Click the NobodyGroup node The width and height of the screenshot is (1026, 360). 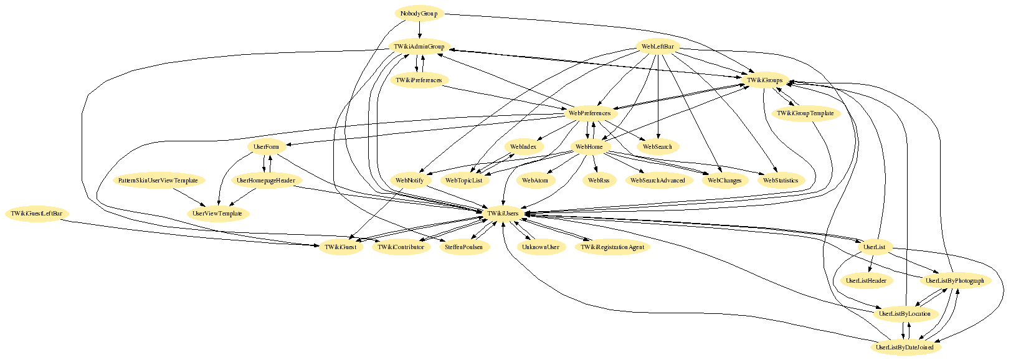pyautogui.click(x=419, y=14)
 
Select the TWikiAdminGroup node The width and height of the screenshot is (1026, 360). pyautogui.click(x=419, y=47)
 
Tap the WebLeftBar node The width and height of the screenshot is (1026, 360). pyautogui.click(x=658, y=47)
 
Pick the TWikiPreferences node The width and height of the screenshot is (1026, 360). pyautogui.click(x=419, y=80)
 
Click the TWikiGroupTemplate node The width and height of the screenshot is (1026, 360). pyautogui.click(x=805, y=113)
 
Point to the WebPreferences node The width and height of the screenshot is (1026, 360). pyautogui.click(x=589, y=113)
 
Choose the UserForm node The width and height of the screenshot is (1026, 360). pyautogui.click(x=267, y=147)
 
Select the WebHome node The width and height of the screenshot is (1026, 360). pyautogui.click(x=589, y=147)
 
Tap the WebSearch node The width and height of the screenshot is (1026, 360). pyautogui.click(x=658, y=147)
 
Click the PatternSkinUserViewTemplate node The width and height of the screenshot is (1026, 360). pyautogui.click(x=158, y=181)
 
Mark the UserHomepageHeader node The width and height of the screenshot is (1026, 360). pyautogui.click(x=266, y=181)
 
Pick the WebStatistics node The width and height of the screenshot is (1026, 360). pyautogui.click(x=781, y=181)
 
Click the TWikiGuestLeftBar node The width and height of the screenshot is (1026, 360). pyautogui.click(x=37, y=214)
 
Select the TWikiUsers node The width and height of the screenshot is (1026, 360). pyautogui.click(x=503, y=214)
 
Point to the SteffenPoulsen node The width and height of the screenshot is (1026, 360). pyautogui.click(x=464, y=247)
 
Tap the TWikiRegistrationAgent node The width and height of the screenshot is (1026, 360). pyautogui.click(x=613, y=247)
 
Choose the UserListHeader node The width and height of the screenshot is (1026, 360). pyautogui.click(x=867, y=281)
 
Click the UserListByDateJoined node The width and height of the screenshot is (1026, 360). pyautogui.click(x=905, y=348)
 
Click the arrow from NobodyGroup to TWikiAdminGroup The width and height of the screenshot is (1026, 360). pyautogui.click(x=419, y=30)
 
